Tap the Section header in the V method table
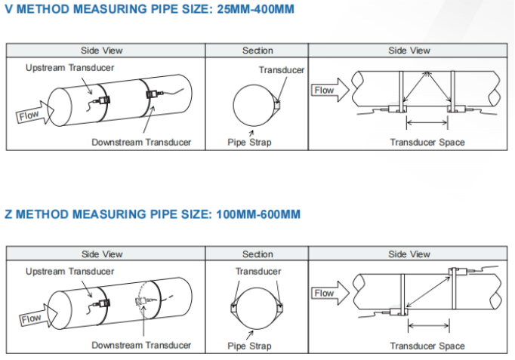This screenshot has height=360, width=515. click(257, 51)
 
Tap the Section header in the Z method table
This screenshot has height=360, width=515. click(257, 254)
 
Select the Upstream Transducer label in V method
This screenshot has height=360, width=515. click(70, 67)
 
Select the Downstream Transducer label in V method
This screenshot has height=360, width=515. click(141, 142)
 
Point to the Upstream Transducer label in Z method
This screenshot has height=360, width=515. click(70, 271)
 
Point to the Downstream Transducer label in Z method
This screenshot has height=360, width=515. click(141, 345)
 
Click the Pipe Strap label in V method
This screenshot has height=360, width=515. click(249, 142)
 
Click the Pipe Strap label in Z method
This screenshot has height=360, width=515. click(249, 346)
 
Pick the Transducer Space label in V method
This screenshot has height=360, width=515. click(427, 142)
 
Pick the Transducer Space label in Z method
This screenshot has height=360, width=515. click(427, 346)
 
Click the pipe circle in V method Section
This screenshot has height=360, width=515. click(254, 106)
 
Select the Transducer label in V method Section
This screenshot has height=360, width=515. click(282, 70)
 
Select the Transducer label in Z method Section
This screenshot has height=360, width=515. click(258, 271)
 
